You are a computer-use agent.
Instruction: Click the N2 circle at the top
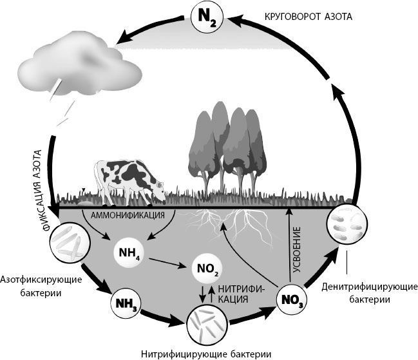(x=207, y=19)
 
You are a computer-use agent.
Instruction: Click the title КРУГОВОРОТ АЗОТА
(x=309, y=16)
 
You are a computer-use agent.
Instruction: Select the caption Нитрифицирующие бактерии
(x=204, y=354)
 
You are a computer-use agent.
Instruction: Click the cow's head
(x=157, y=187)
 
